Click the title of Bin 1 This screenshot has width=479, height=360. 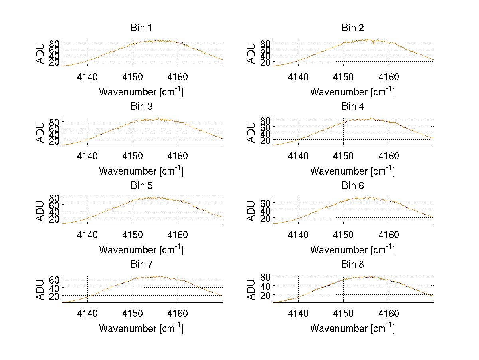(141, 28)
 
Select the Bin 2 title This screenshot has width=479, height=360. (353, 28)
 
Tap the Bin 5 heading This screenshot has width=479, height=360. (141, 186)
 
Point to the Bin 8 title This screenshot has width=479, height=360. (353, 265)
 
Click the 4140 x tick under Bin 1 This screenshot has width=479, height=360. (87, 77)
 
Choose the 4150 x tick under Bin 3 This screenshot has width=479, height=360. (133, 156)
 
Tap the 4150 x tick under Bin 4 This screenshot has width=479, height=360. (344, 156)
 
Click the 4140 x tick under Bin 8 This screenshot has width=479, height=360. (298, 314)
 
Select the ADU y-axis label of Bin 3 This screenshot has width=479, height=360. (41, 132)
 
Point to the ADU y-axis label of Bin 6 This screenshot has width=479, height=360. (251, 211)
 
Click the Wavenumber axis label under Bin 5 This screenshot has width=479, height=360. (141, 250)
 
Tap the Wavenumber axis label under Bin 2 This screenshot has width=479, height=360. (352, 92)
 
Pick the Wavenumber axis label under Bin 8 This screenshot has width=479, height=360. (352, 328)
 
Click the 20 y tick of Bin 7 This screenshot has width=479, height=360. (54, 296)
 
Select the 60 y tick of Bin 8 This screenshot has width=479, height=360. (266, 276)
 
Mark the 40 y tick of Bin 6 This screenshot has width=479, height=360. (266, 211)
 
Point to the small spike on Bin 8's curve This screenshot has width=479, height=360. (289, 298)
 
